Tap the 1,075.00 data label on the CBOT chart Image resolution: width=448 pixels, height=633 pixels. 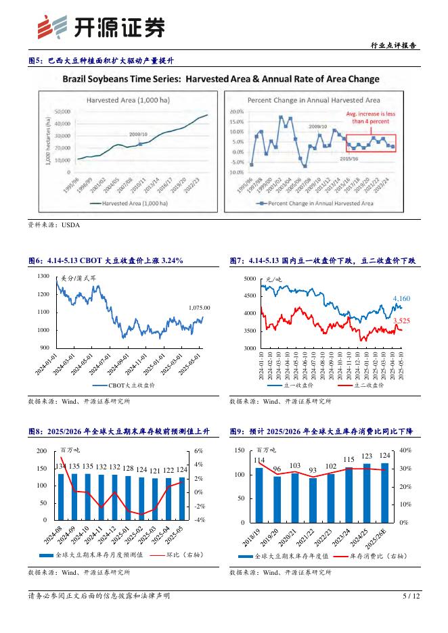coord(199,308)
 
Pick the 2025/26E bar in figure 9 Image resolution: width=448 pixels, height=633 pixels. coord(384,492)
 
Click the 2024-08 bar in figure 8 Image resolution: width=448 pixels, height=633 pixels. coord(61,496)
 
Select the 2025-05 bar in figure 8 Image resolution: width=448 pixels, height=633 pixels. coord(181,499)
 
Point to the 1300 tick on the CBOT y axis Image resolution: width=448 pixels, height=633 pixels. coord(43,277)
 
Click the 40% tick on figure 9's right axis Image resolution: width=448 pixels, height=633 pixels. coord(404,450)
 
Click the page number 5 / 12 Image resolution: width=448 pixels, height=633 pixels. coord(411,596)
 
